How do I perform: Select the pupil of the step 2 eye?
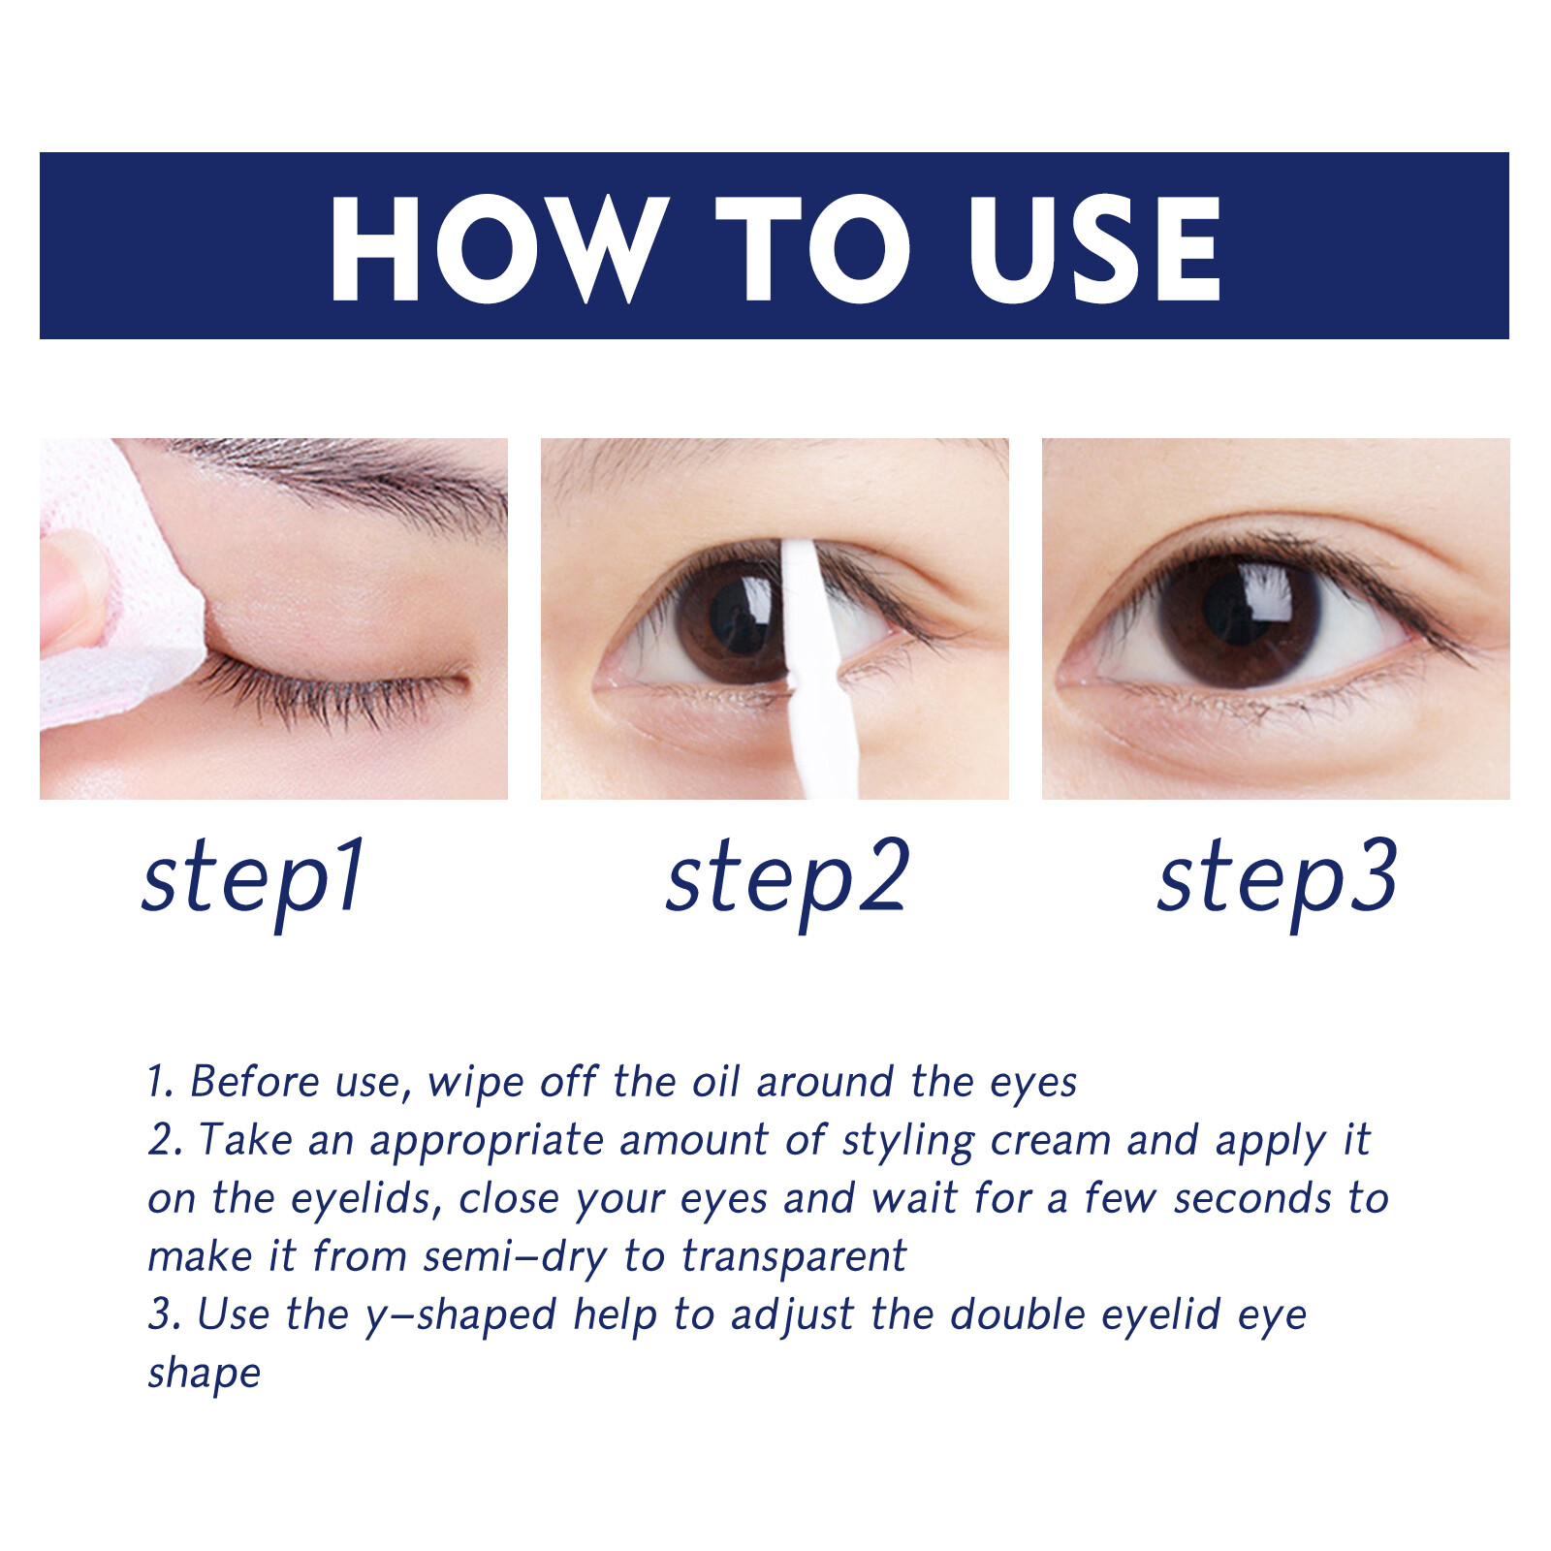(743, 617)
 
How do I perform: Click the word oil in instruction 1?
(715, 1082)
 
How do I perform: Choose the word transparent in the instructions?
(794, 1257)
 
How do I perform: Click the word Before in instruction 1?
(254, 1082)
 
